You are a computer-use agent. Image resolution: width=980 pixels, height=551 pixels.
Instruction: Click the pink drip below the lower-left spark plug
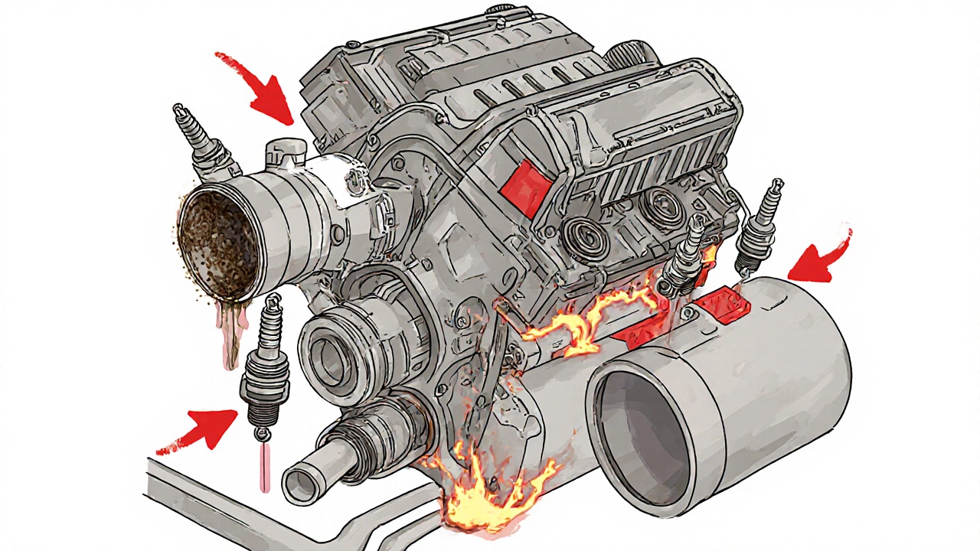click(x=264, y=467)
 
